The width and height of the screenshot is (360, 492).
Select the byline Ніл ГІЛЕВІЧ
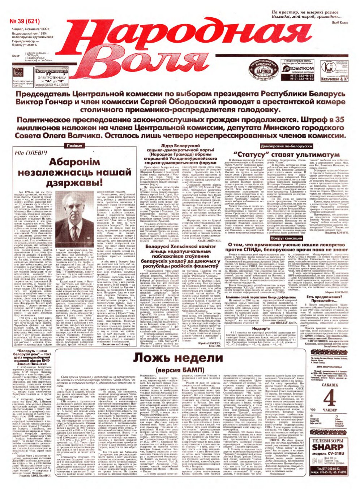(29, 154)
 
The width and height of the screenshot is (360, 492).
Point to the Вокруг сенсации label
(292, 238)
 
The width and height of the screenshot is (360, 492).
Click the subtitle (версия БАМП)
(179, 370)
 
